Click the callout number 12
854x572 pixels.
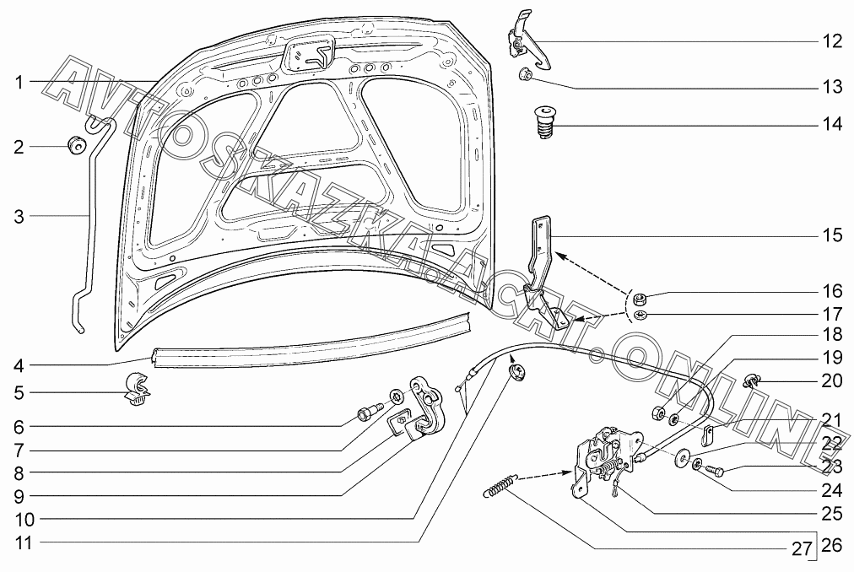click(x=832, y=40)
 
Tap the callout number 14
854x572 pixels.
click(x=832, y=125)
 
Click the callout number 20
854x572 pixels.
click(x=832, y=381)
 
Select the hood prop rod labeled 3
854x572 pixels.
click(x=89, y=228)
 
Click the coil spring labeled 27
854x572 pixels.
click(x=500, y=485)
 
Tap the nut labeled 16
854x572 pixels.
click(x=640, y=297)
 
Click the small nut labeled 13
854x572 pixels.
click(x=524, y=76)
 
